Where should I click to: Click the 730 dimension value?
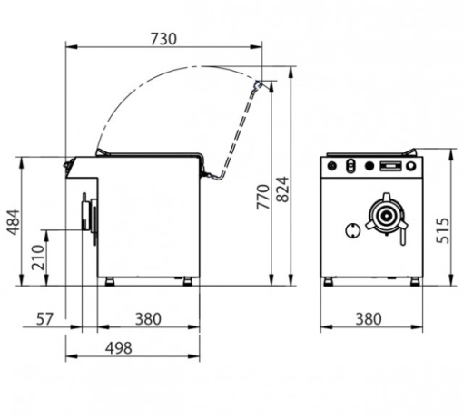[163, 39]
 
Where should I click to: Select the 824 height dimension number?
[283, 190]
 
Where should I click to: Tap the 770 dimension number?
[262, 197]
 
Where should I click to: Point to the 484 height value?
[14, 222]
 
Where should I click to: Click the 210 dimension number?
[38, 258]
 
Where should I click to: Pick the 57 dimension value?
[44, 319]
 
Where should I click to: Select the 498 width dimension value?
[119, 348]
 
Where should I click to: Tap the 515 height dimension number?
[442, 230]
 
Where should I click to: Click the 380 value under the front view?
[369, 319]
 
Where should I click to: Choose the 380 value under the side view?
[148, 319]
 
